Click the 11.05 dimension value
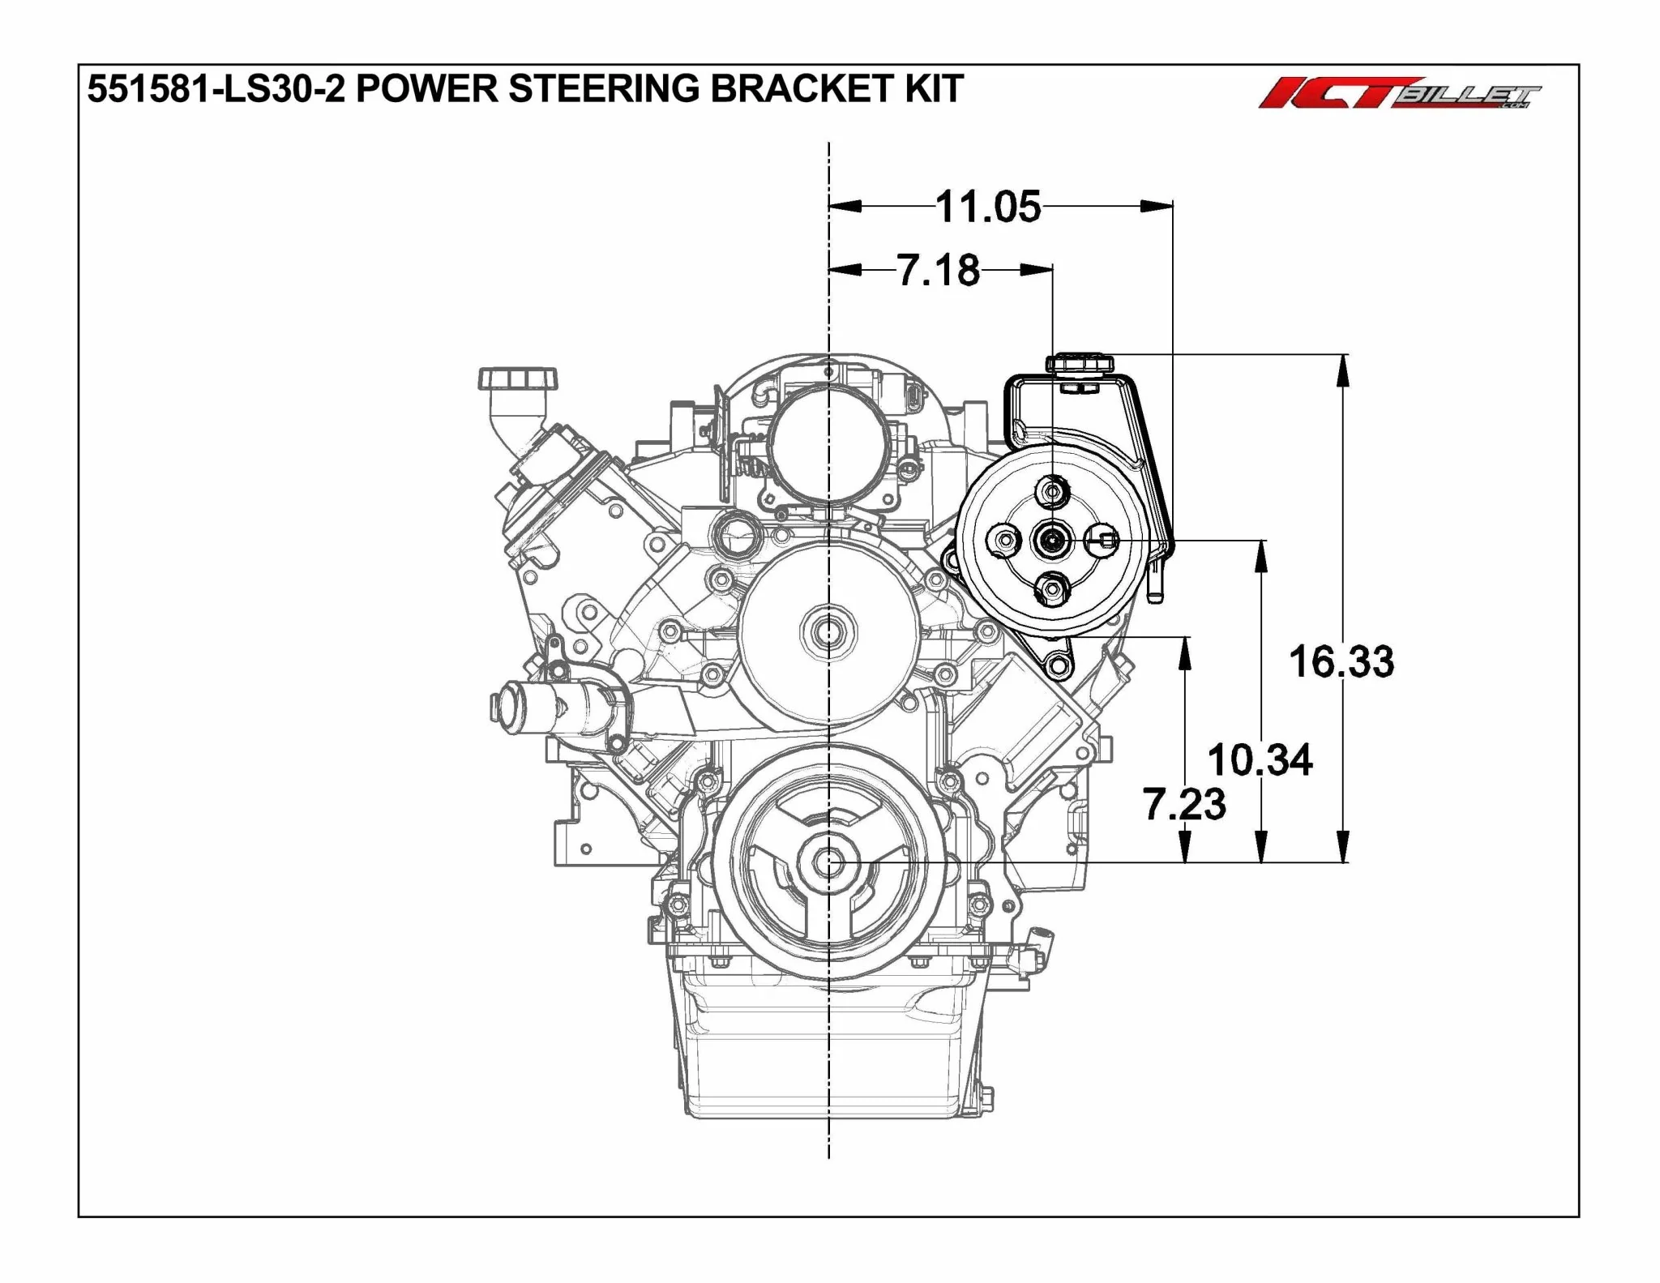click(x=988, y=207)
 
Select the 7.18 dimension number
click(x=939, y=270)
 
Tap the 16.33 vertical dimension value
click(x=1341, y=661)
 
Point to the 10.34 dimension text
click(x=1260, y=760)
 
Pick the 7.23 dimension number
click(x=1184, y=804)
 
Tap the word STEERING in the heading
click(x=603, y=88)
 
